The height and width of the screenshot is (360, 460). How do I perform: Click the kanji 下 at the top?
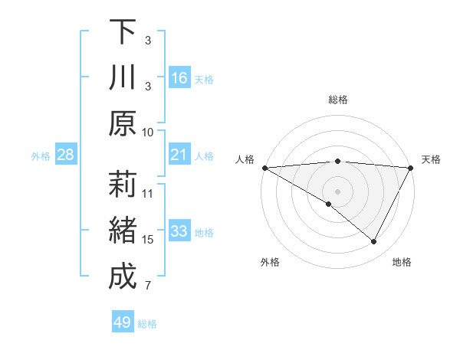click(x=122, y=33)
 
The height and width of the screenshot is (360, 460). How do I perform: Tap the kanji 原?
click(x=122, y=123)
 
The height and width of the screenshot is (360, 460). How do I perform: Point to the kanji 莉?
click(x=122, y=185)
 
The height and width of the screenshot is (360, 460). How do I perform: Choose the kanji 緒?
click(x=122, y=231)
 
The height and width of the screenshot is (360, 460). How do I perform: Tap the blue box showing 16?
click(x=179, y=78)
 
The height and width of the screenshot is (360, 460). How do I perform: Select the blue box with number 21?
click(x=179, y=155)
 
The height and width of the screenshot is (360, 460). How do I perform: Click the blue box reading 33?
click(x=179, y=231)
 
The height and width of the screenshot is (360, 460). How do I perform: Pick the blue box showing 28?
click(x=65, y=155)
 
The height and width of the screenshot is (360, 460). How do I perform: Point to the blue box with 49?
click(x=123, y=322)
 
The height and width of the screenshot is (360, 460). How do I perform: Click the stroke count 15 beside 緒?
click(x=148, y=240)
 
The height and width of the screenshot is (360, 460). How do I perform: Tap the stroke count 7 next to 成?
click(x=148, y=286)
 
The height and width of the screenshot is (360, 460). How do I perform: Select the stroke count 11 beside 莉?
click(x=148, y=193)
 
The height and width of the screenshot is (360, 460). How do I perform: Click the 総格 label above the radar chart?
click(x=337, y=100)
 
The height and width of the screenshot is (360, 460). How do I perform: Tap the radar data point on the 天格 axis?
click(x=412, y=168)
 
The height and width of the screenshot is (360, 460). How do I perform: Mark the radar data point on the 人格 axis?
click(x=264, y=168)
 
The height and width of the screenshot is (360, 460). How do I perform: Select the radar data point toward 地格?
click(x=374, y=242)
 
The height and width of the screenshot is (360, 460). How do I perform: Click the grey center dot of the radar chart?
click(x=337, y=191)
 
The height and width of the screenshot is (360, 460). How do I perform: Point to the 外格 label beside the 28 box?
click(x=41, y=156)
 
